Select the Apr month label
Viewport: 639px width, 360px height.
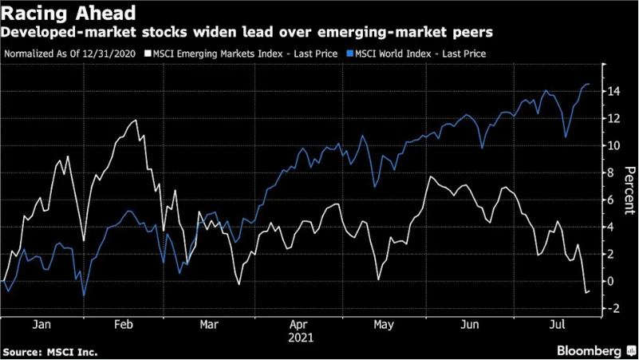[x=298, y=325]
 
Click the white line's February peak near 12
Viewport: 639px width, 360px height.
[x=136, y=120]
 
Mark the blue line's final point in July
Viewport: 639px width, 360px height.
[x=589, y=84]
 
